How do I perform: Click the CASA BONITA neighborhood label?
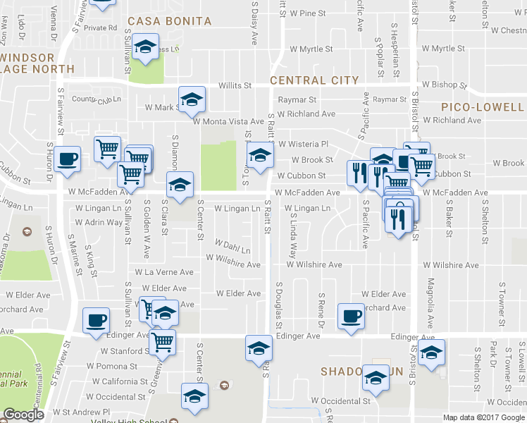pos(168,21)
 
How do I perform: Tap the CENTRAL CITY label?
pos(314,80)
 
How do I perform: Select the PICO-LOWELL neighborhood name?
pos(483,107)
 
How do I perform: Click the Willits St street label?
pos(235,85)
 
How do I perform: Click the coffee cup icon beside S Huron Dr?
pos(68,159)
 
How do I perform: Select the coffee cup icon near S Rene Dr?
pos(351,316)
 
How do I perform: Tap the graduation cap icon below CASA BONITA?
pos(147,48)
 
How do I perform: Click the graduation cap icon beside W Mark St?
pos(191,101)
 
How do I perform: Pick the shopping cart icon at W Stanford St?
pos(163,342)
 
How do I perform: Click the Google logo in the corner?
pos(23,415)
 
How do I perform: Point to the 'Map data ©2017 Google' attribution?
pos(484,417)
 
